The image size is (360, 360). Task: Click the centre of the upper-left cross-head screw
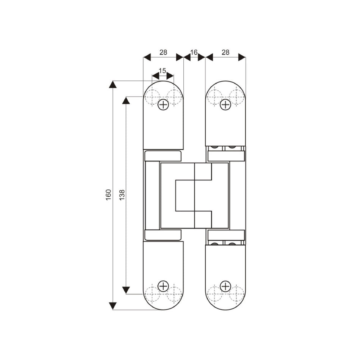[163, 105]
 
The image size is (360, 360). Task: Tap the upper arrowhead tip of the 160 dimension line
[113, 81]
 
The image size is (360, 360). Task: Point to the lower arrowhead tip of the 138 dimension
[126, 294]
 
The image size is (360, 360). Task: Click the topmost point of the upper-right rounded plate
[225, 81]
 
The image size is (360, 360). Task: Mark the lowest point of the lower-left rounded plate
[163, 310]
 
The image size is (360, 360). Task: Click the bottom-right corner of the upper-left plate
[183, 149]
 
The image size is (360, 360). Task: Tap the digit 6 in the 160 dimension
[108, 195]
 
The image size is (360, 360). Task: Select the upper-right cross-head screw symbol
[225, 105]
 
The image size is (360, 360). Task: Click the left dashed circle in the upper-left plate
[152, 97]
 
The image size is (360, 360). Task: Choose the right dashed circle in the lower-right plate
[237, 294]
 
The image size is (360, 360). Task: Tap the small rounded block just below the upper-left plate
[163, 156]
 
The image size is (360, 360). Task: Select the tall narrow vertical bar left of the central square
[152, 195]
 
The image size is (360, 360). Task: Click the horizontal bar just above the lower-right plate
[226, 235]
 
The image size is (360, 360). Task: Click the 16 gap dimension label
[194, 52]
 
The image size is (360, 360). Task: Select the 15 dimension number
[162, 71]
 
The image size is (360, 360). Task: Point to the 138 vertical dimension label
[122, 195]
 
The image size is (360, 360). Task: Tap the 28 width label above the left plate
[163, 52]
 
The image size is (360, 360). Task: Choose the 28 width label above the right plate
[225, 52]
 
